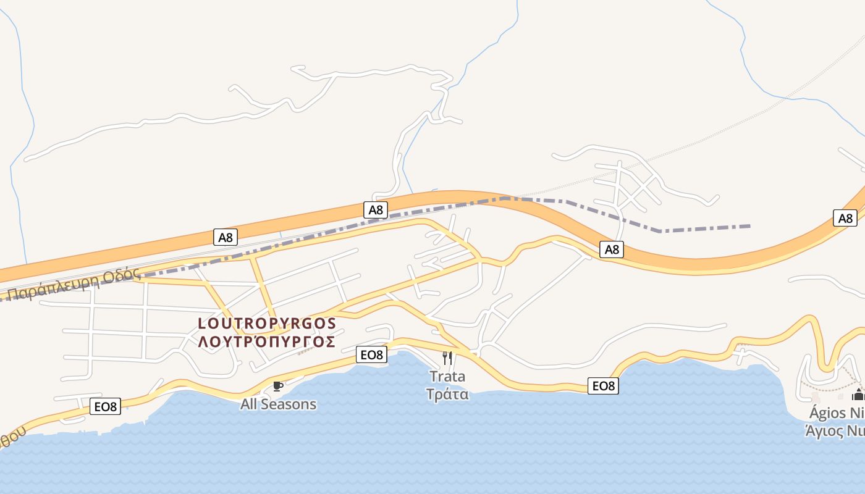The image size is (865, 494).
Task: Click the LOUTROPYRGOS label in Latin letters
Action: coord(267,324)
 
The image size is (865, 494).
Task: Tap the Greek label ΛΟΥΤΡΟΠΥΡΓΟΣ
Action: coord(267,341)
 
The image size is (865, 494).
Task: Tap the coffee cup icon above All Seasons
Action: coord(278,387)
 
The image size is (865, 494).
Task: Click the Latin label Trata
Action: coord(447,377)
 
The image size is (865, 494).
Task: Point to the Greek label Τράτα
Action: coord(447,394)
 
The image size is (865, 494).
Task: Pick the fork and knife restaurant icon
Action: coord(447,358)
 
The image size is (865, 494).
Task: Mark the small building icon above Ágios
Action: coord(858,395)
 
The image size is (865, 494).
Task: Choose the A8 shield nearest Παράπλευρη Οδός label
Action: coord(226,237)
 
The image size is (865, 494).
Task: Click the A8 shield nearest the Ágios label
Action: coord(845,218)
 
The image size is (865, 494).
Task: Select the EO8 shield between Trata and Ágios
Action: coord(603,386)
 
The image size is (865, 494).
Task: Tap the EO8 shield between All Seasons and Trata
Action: coord(372,354)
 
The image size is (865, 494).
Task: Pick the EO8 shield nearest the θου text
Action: coord(105,406)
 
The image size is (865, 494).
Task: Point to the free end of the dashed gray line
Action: coord(750,226)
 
